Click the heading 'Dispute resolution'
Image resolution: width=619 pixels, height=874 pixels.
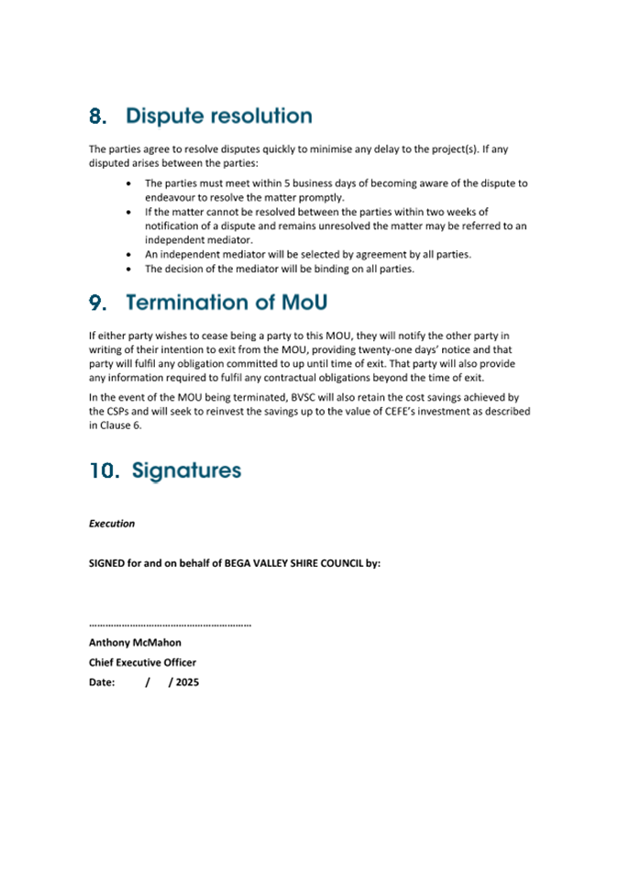pyautogui.click(x=219, y=116)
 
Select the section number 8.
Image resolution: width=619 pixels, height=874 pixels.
pyautogui.click(x=100, y=116)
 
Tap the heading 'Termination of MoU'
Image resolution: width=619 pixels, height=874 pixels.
pyautogui.click(x=227, y=303)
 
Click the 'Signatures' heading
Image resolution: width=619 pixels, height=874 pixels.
pyautogui.click(x=186, y=470)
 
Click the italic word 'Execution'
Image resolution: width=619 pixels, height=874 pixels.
pyautogui.click(x=112, y=524)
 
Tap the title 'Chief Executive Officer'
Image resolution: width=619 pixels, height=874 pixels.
pyautogui.click(x=142, y=662)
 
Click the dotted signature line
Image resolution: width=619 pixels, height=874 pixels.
pyautogui.click(x=170, y=625)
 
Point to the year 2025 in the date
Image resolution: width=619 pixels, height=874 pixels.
pyautogui.click(x=187, y=682)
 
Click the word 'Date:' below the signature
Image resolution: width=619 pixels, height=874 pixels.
pyautogui.click(x=102, y=682)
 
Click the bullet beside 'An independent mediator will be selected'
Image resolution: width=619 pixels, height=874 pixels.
pyautogui.click(x=127, y=254)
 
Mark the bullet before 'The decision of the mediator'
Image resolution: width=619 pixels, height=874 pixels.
pyautogui.click(x=127, y=269)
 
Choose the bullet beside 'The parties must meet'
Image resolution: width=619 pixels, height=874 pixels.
pyautogui.click(x=127, y=183)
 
